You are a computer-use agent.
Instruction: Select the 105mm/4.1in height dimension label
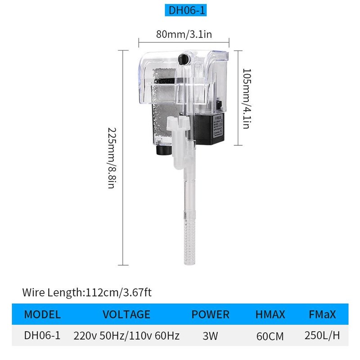click(246, 98)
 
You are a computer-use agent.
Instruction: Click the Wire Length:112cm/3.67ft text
click(87, 293)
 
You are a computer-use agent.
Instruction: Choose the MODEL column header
click(42, 315)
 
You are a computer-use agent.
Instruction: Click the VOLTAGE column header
click(126, 315)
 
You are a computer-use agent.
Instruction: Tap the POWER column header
click(211, 315)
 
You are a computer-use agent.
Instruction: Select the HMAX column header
click(270, 315)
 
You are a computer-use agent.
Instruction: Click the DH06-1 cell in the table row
click(42, 336)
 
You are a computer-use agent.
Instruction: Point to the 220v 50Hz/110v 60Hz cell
click(126, 336)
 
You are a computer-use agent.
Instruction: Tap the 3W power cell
click(211, 336)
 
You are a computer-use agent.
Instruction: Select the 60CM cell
click(270, 336)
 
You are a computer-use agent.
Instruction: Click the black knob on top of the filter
click(182, 58)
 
